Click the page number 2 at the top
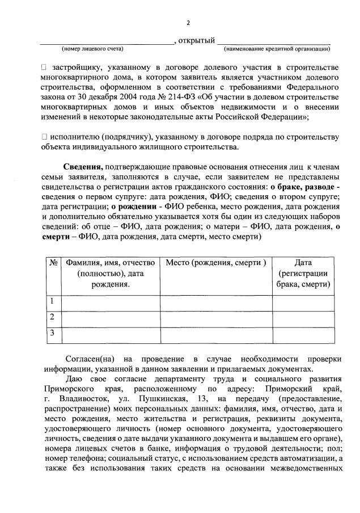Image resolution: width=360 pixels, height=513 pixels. [x=189, y=23]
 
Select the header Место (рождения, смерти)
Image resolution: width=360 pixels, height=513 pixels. [x=215, y=263]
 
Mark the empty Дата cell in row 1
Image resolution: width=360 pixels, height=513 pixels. [x=303, y=301]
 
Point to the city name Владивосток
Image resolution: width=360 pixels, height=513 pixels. [x=76, y=399]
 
